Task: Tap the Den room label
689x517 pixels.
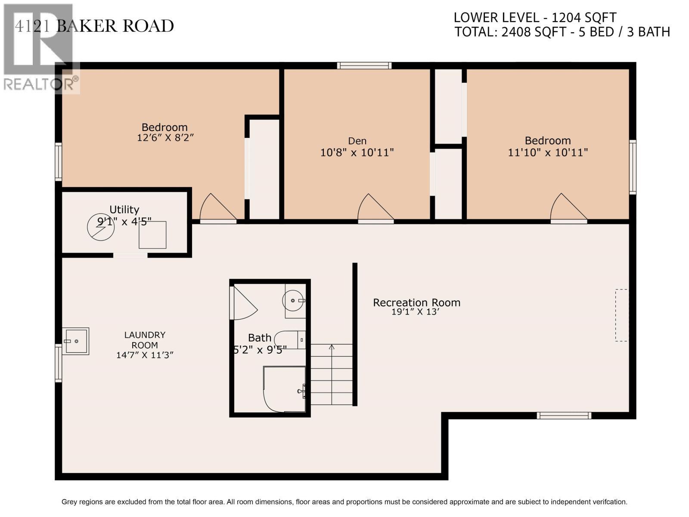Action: (357, 141)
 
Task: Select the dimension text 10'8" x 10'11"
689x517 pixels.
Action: (357, 153)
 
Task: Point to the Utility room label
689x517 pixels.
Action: (124, 210)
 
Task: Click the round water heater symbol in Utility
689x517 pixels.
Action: (101, 227)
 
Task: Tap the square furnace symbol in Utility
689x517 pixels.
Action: (152, 235)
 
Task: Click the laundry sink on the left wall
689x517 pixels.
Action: (76, 341)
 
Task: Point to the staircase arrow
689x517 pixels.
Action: (332, 347)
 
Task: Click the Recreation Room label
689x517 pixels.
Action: (416, 303)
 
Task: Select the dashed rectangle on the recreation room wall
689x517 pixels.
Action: (621, 315)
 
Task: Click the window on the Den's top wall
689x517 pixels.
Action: (364, 66)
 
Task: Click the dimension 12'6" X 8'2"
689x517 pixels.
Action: (164, 138)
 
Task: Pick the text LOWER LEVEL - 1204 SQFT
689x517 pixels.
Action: (535, 18)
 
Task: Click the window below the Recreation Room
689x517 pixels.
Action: (564, 415)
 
